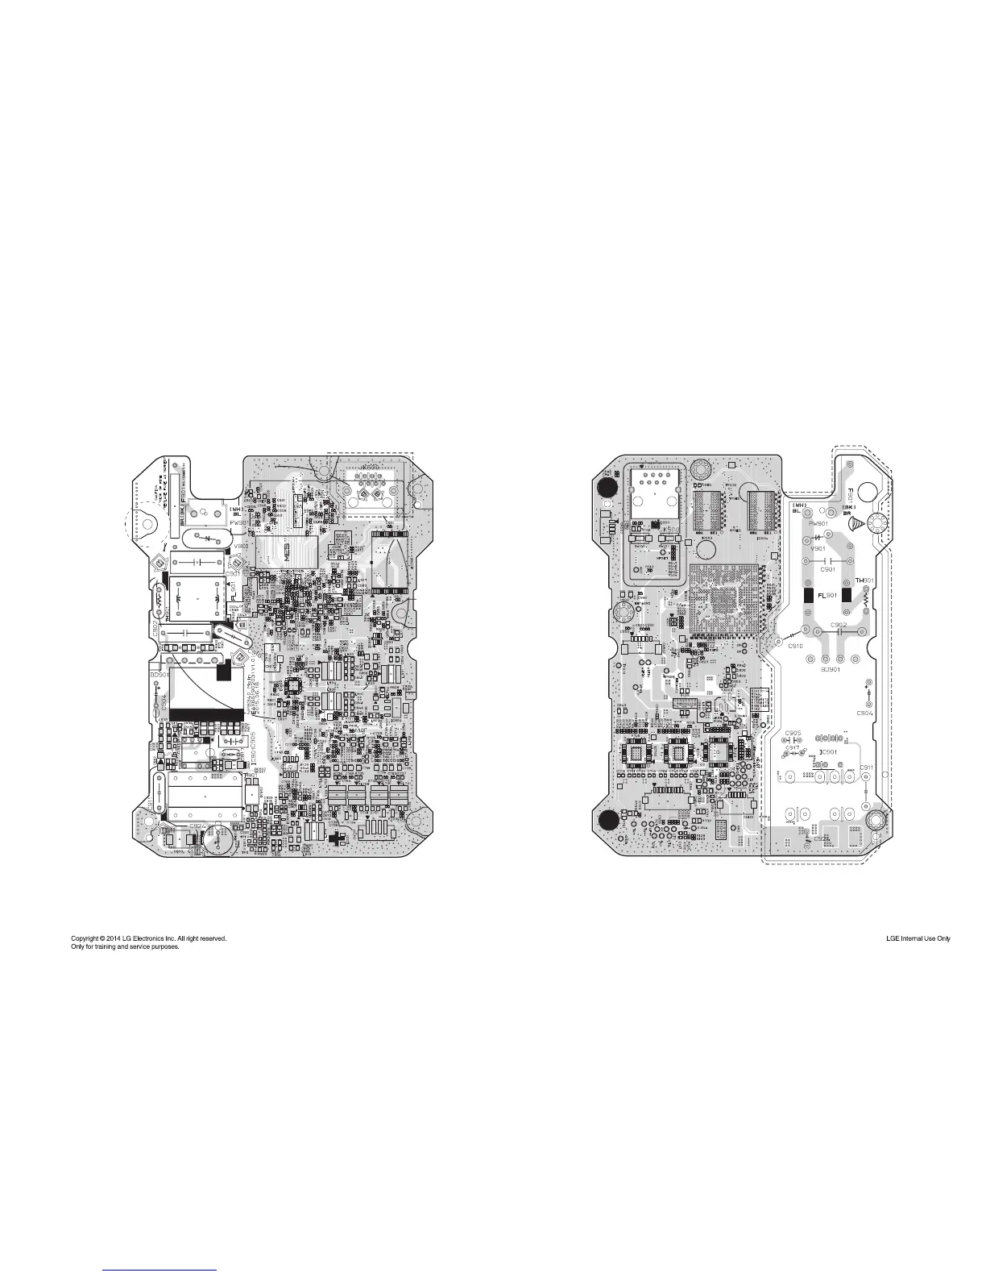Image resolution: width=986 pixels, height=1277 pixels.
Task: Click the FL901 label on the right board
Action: pos(826,595)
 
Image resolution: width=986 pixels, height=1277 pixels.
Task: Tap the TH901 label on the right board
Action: pos(864,580)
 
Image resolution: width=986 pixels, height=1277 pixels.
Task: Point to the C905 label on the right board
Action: pos(792,733)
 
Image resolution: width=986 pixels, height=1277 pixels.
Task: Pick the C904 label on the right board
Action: pos(865,713)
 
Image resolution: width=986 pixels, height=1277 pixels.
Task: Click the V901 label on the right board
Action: pos(818,548)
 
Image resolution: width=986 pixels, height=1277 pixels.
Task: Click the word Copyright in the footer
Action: pos(87,938)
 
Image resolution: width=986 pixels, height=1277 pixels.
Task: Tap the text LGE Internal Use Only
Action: pos(918,938)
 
